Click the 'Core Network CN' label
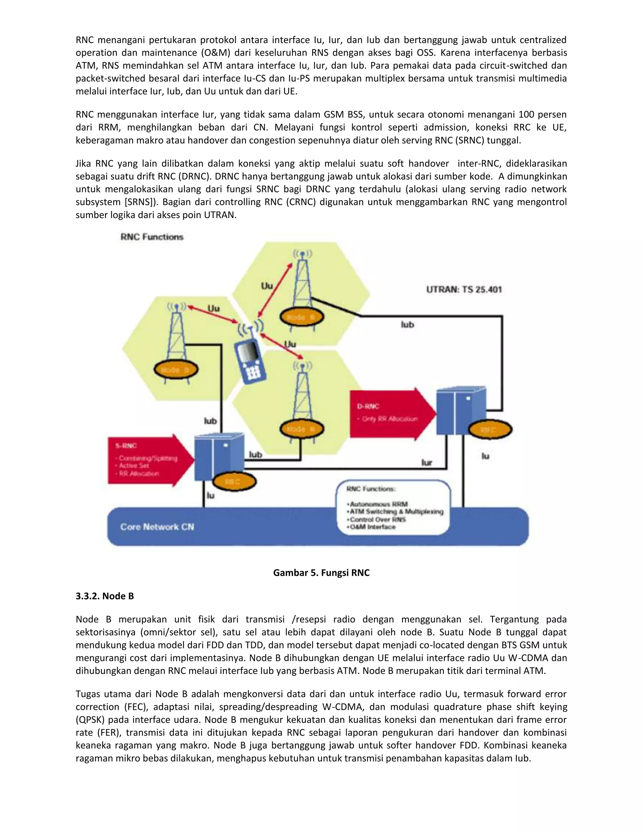coord(157,527)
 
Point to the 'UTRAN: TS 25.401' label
coord(464,289)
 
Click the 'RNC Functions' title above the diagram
coord(152,237)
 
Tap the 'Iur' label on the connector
coord(427,462)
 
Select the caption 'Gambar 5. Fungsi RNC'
coord(321,573)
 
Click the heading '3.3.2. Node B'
coord(105,596)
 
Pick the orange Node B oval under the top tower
coord(301,317)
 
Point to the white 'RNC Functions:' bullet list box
coord(393,507)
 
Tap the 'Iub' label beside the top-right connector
coord(407,325)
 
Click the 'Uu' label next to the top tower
coord(267,286)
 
